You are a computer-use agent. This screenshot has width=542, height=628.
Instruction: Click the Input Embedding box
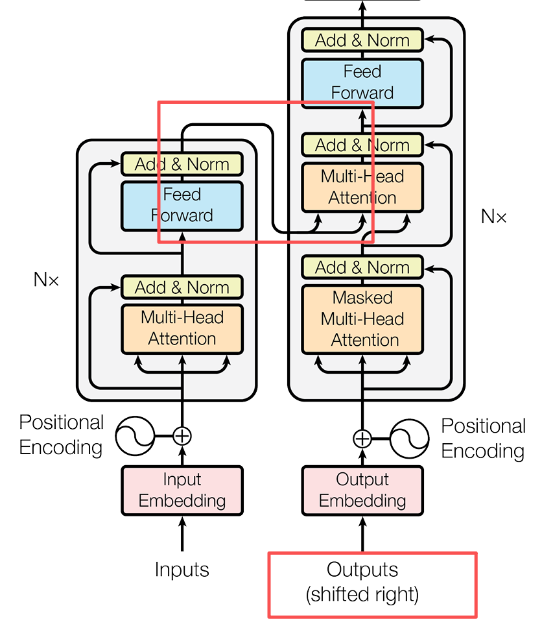click(x=182, y=490)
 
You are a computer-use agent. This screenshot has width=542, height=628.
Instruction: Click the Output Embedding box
click(x=362, y=490)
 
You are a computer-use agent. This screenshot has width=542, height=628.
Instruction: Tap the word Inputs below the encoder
click(x=182, y=570)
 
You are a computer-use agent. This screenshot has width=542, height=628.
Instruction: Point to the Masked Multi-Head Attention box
click(x=362, y=319)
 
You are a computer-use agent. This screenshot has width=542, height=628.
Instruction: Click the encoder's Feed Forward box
click(x=182, y=205)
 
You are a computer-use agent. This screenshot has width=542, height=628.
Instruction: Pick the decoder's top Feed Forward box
click(x=362, y=82)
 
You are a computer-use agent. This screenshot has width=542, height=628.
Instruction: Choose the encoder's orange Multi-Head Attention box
click(x=182, y=328)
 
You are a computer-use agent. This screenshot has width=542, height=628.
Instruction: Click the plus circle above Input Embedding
click(x=182, y=435)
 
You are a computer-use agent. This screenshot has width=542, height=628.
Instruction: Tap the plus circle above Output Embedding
click(x=362, y=439)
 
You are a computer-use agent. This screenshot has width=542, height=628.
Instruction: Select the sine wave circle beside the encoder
click(x=135, y=436)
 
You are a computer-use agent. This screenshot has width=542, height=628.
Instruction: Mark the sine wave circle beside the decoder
click(x=410, y=439)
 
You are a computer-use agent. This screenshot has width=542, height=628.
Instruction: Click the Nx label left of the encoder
click(x=46, y=280)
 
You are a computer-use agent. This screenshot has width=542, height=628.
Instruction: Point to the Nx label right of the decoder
click(x=493, y=216)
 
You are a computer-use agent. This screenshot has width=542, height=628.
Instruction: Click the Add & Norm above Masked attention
click(x=362, y=267)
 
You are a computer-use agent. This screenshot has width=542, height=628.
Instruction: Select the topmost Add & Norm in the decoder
click(x=362, y=40)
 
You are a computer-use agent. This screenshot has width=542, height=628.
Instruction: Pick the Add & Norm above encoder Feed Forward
click(x=182, y=164)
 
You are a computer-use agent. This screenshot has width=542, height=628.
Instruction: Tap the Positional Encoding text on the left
click(x=61, y=435)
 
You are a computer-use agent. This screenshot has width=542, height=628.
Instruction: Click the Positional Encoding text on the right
click(x=483, y=439)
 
